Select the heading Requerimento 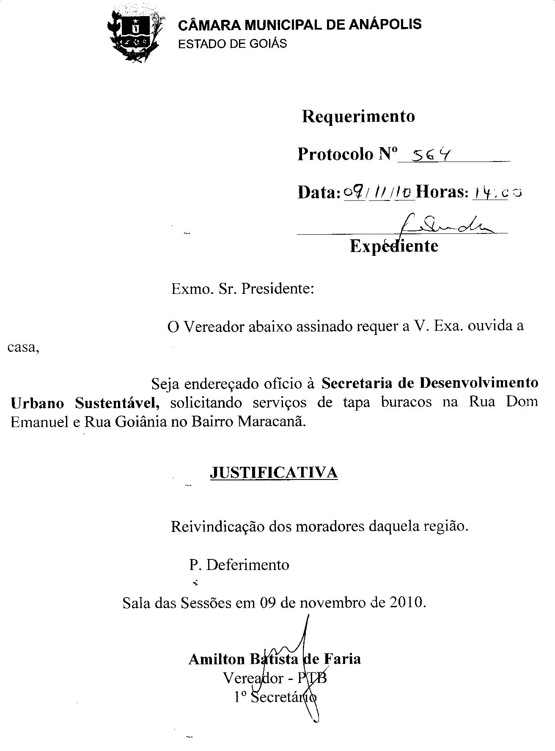tap(358, 116)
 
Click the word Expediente tap(394, 246)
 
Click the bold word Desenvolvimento tap(479, 383)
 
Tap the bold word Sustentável tap(117, 403)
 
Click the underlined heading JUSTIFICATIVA tap(274, 472)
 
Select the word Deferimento tap(247, 565)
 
